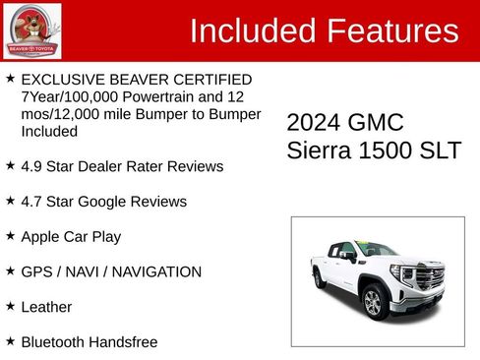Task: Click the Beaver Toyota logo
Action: (x=32, y=30)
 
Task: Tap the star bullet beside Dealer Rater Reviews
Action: (x=10, y=165)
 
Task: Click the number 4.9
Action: (x=32, y=166)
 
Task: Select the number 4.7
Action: (x=32, y=202)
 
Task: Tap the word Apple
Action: (x=41, y=237)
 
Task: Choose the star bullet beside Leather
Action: (x=10, y=306)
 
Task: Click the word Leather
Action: (x=46, y=307)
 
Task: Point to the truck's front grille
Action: (x=429, y=278)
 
